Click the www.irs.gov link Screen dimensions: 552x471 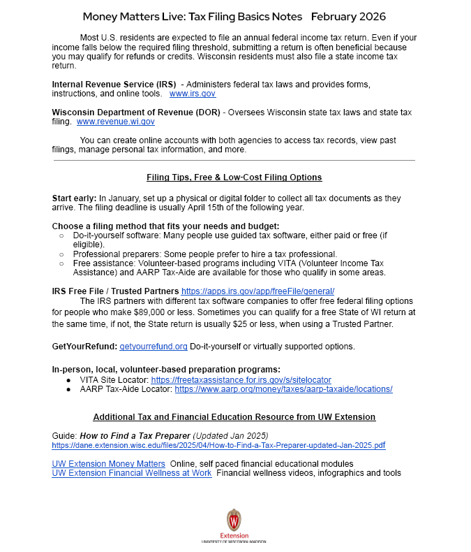193,93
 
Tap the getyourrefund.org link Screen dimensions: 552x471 154,346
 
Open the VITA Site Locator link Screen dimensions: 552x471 241,379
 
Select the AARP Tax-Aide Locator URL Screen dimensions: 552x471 283,388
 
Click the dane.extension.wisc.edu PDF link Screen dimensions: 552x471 218,444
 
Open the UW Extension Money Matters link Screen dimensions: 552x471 108,463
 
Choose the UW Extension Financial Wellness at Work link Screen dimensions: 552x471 132,473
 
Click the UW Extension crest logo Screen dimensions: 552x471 234,521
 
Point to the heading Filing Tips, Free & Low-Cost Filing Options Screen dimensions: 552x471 234,177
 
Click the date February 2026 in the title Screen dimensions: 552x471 348,16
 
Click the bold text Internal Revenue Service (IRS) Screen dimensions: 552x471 114,84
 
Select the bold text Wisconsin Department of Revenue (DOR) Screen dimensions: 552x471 136,112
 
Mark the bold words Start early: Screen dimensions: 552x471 74,198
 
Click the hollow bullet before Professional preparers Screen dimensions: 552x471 61,254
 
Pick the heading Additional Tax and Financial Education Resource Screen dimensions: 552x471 234,417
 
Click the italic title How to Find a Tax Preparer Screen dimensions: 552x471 130,435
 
